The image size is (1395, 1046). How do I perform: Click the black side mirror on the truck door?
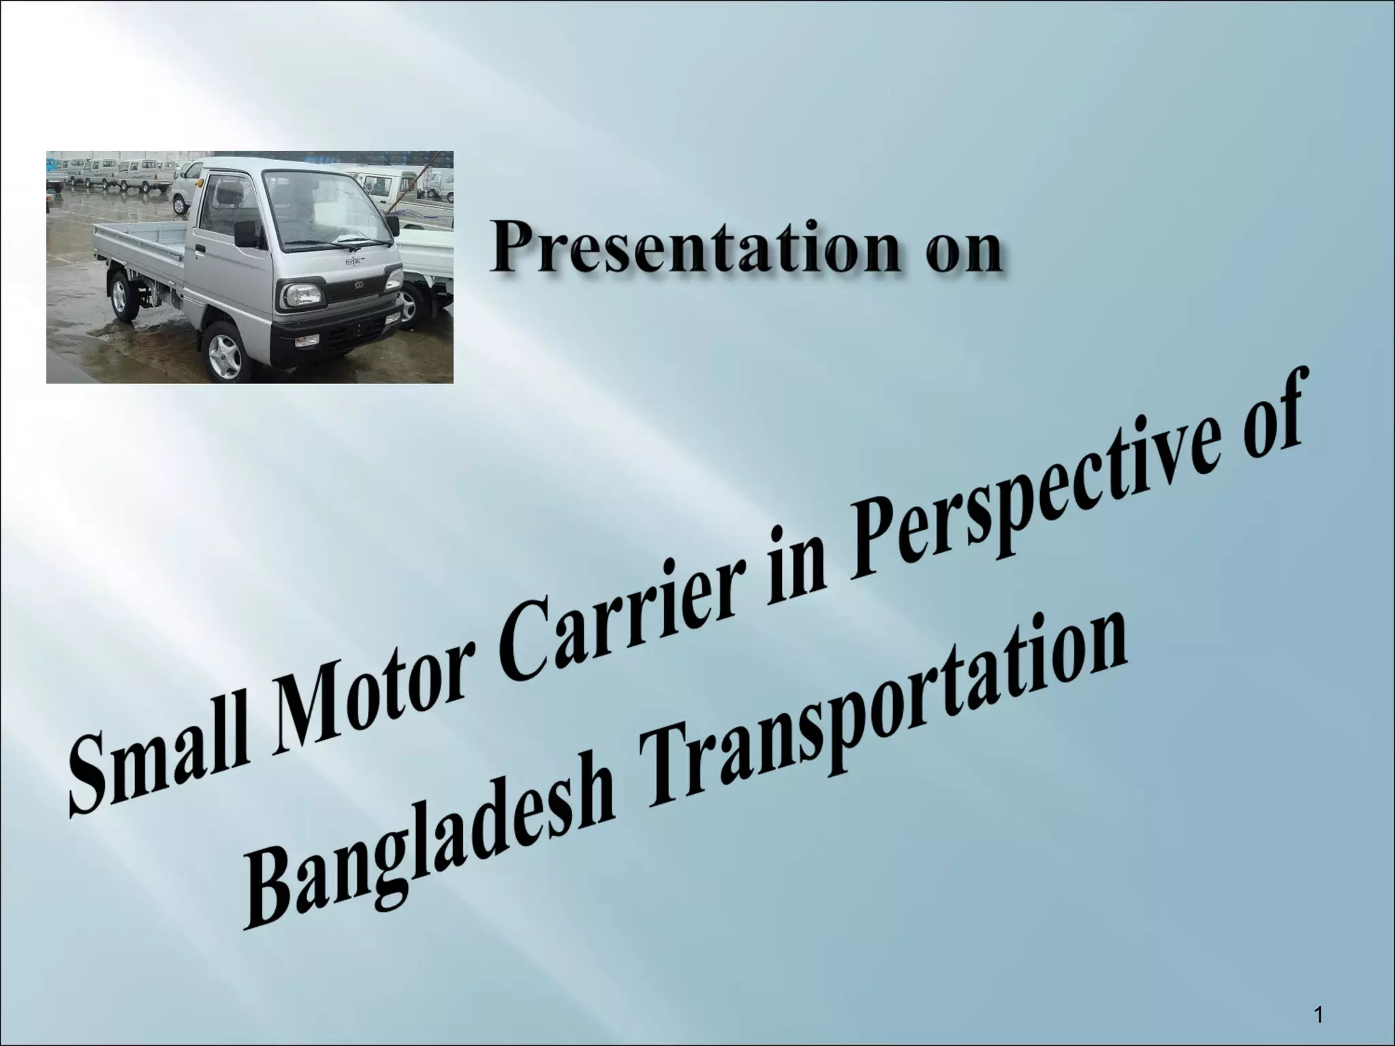pyautogui.click(x=245, y=232)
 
